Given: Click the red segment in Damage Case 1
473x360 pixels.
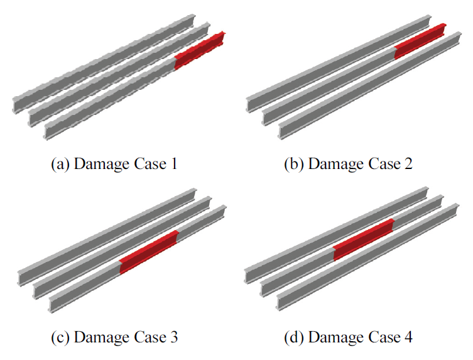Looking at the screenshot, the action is pyautogui.click(x=200, y=50).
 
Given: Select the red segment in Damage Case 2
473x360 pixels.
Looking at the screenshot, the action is pyautogui.click(x=420, y=41).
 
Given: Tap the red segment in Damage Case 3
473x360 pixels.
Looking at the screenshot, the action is pyautogui.click(x=149, y=253).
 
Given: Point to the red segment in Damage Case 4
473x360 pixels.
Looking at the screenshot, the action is pyautogui.click(x=364, y=239).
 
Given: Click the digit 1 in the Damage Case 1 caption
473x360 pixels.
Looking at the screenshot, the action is pyautogui.click(x=174, y=164).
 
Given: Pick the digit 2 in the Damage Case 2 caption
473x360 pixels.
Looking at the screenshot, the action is pyautogui.click(x=408, y=164).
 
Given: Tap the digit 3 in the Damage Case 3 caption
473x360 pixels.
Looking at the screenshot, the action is pyautogui.click(x=174, y=337).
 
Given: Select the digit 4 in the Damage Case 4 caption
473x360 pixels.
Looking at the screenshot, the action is pyautogui.click(x=408, y=337).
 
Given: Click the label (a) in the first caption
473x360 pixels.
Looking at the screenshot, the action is pyautogui.click(x=60, y=165).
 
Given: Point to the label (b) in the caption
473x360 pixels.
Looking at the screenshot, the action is pyautogui.click(x=294, y=165).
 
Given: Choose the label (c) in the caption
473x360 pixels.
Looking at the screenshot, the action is pyautogui.click(x=60, y=337).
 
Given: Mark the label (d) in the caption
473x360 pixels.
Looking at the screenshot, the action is pyautogui.click(x=294, y=337).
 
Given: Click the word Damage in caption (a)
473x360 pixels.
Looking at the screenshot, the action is pyautogui.click(x=102, y=165).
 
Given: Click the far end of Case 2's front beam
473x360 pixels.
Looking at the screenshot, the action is pyautogui.click(x=458, y=38).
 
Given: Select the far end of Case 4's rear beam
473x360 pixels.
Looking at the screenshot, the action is pyautogui.click(x=425, y=193).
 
